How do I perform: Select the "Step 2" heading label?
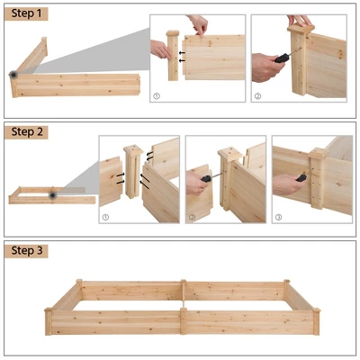27,131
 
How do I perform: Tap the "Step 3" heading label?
27,250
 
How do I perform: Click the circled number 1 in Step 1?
156,95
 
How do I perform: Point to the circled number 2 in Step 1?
256,95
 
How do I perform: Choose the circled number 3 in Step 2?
277,216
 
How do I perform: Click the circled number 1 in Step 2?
104,216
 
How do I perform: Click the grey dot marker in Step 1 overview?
14,75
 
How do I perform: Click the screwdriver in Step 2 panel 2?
206,178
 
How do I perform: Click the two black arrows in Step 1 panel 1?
184,56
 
